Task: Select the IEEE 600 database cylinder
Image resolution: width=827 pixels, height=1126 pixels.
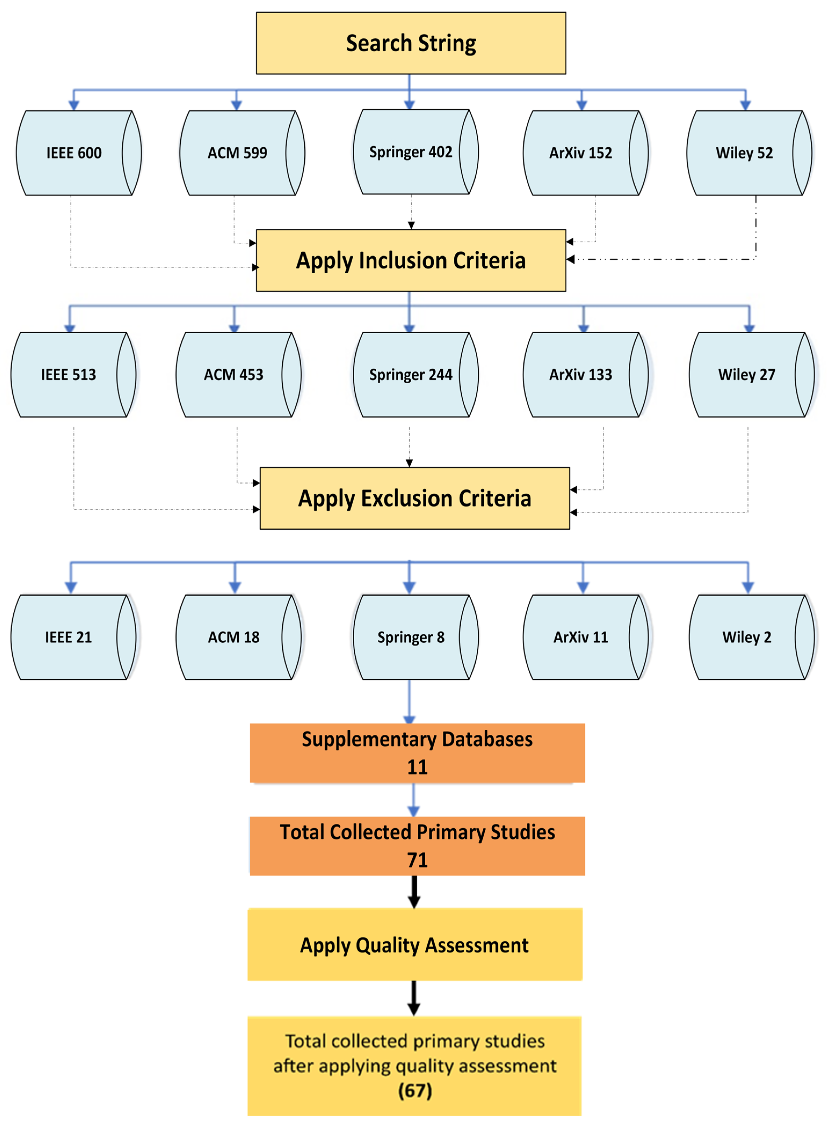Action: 74,153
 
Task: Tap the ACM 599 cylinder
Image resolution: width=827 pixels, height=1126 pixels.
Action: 237,153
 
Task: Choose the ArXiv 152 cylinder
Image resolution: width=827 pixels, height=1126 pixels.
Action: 581,153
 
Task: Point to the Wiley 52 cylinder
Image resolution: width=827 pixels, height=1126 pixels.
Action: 744,153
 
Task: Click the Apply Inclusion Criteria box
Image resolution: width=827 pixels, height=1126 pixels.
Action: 411,260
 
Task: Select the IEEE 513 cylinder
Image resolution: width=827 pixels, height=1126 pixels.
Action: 69,374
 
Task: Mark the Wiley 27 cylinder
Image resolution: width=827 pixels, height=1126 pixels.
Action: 747,374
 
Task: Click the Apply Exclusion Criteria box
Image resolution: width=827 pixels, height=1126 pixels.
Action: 414,498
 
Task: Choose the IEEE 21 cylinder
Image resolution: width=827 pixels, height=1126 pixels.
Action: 69,637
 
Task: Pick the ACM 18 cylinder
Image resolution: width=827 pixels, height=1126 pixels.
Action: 234,637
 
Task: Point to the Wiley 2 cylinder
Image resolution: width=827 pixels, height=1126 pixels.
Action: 747,637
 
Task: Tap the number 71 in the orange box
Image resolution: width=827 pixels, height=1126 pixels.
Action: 417,860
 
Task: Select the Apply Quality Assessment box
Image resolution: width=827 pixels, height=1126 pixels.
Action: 414,945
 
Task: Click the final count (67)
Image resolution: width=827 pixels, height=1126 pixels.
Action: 415,1091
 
